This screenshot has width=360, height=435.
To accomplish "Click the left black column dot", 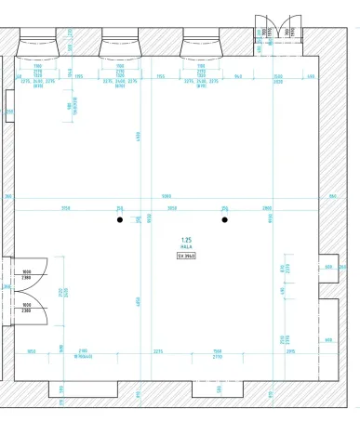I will (119, 220).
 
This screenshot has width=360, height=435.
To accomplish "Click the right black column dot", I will (224, 220).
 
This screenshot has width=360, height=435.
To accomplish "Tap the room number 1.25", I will (186, 239).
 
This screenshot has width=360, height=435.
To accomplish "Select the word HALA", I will (186, 246).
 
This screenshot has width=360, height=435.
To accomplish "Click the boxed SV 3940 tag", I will (186, 255).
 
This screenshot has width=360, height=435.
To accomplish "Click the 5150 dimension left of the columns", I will (66, 208).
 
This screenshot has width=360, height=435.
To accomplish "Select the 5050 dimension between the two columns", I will (172, 208).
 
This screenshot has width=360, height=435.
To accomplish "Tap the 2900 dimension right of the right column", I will (266, 208).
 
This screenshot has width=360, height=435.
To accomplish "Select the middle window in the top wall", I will (120, 39).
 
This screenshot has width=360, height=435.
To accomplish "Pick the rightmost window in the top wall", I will (201, 39).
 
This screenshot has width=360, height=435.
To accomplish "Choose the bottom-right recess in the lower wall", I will (296, 391).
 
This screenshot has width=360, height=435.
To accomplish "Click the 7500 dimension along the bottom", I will (216, 351).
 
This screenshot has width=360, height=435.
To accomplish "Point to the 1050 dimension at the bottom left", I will (32, 351).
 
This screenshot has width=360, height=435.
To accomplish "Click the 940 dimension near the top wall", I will (238, 76).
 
